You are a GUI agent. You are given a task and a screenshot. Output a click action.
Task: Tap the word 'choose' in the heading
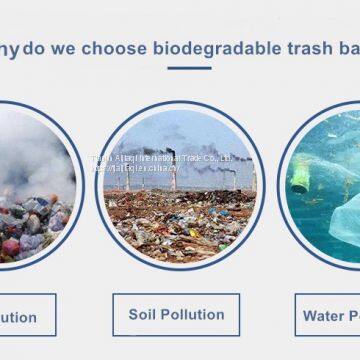tap(123, 48)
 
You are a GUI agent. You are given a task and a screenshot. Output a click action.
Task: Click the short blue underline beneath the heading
tap(188, 68)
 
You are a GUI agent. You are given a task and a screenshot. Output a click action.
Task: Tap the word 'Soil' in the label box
tap(145, 314)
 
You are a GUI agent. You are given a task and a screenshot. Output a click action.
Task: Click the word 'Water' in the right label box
tap(324, 316)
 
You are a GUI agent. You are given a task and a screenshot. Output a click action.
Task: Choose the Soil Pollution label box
tap(176, 314)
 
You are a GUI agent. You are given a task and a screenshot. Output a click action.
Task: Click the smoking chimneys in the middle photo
tap(172, 168)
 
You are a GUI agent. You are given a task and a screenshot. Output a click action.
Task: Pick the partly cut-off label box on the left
tap(26, 316)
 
